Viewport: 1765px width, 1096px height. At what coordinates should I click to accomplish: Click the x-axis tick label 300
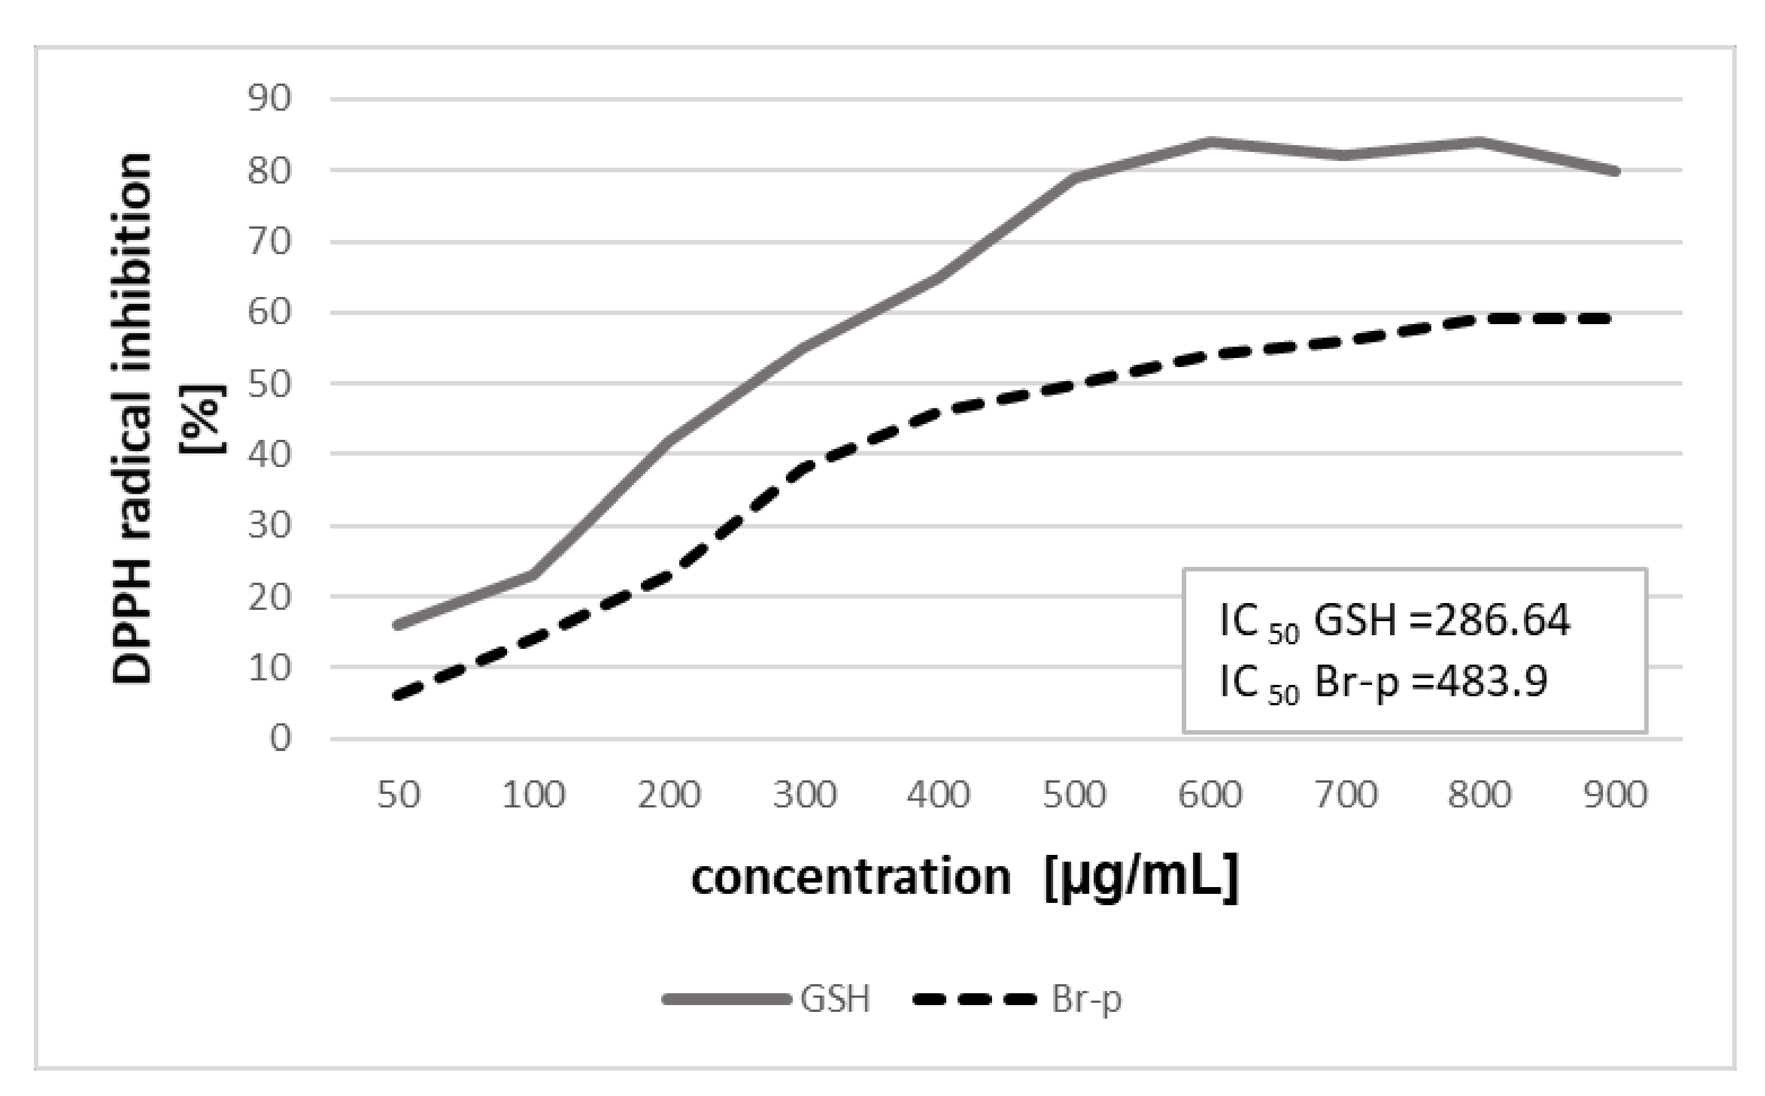coord(805,794)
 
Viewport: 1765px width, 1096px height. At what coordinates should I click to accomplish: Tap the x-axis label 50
coord(399,794)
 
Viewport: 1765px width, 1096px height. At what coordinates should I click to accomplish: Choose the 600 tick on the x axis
coord(1210,794)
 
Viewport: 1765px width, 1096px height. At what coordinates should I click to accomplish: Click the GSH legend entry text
coord(835,999)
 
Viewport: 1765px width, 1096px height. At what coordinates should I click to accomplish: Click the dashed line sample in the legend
coord(976,999)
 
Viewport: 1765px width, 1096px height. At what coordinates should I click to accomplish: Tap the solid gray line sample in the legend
coord(726,999)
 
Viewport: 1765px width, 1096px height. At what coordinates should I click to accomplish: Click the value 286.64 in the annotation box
coord(1502,620)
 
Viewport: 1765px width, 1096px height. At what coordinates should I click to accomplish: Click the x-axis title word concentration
coord(851,877)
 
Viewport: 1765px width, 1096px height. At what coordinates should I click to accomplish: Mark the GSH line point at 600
coord(1210,141)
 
